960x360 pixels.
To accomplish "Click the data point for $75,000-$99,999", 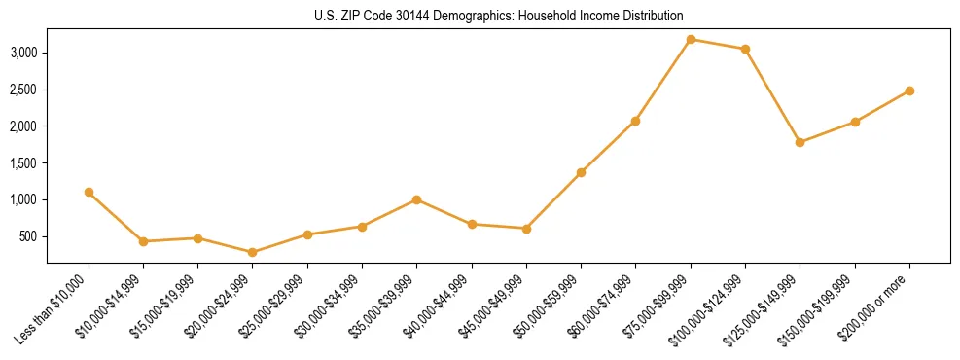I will tap(691, 39).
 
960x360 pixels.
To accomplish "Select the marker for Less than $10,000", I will tap(89, 192).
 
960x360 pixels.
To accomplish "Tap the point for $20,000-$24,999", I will tap(253, 252).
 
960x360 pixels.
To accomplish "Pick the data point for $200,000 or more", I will tap(909, 90).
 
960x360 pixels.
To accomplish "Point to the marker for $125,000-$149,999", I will tap(800, 142).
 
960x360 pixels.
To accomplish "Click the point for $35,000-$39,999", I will tap(416, 199).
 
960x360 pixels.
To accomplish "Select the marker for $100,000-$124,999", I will tap(745, 49).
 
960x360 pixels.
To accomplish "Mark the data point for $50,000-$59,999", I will tap(581, 172).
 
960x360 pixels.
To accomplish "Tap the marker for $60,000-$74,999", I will tap(635, 121).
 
